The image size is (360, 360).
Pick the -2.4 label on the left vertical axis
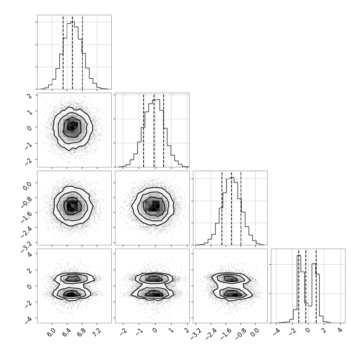click(x=27, y=232)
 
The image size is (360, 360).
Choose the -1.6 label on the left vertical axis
click(x=27, y=217)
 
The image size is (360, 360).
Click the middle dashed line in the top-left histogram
click(x=72, y=52)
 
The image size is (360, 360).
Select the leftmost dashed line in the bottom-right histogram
click(x=299, y=286)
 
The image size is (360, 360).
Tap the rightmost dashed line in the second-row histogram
click(x=164, y=130)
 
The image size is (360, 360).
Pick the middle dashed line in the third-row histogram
click(x=232, y=208)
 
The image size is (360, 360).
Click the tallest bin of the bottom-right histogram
click(x=299, y=289)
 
